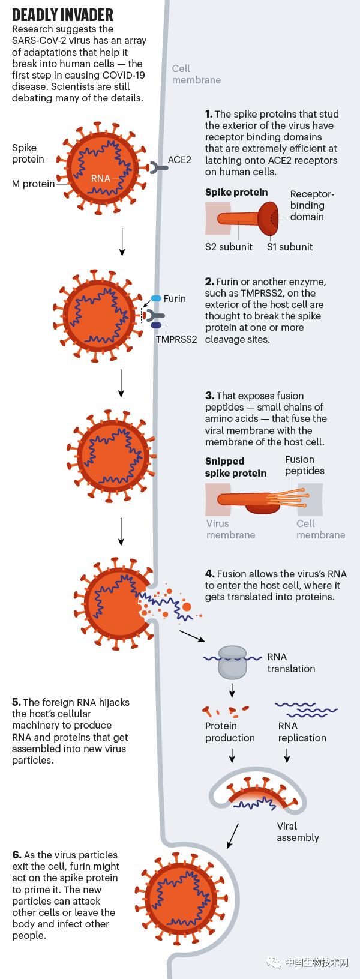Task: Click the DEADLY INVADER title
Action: [62, 15]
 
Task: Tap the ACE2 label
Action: [179, 160]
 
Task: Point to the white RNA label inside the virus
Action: [101, 178]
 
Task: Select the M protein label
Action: [33, 184]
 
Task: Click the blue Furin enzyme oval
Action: [156, 298]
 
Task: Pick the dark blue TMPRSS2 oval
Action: [156, 325]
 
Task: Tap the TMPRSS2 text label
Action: [176, 339]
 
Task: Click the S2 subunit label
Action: [229, 247]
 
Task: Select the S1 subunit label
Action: [290, 247]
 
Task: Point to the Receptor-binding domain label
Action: [311, 205]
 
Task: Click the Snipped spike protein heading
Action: [236, 467]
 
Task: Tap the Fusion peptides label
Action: [304, 465]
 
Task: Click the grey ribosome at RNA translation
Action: [232, 662]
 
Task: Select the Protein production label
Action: [230, 732]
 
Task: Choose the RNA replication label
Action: [302, 732]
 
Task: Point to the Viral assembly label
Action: [298, 831]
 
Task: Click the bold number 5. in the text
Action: [16, 702]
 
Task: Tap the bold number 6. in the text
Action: [17, 855]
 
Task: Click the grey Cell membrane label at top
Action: [196, 74]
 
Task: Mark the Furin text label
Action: [175, 298]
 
